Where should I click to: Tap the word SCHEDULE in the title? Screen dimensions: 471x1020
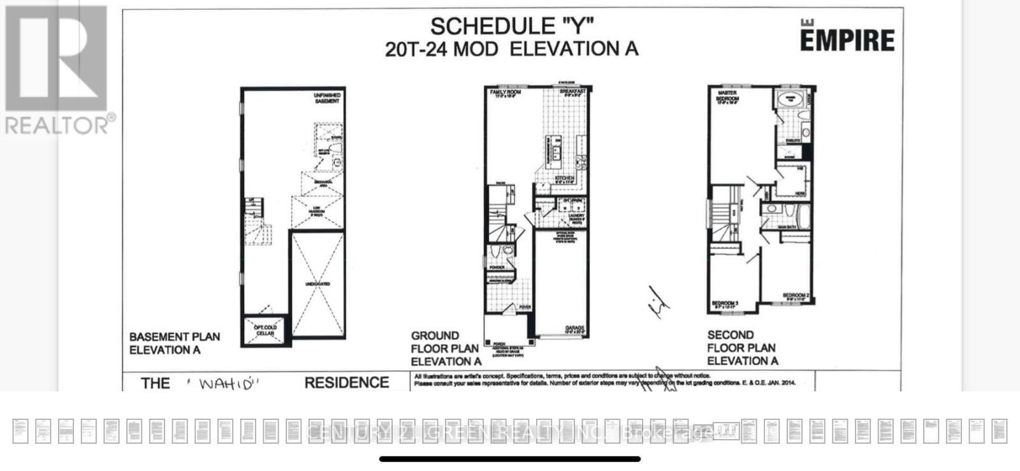(483, 26)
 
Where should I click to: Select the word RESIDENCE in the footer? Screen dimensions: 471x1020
(346, 382)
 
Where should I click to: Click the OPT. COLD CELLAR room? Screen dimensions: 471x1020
(265, 330)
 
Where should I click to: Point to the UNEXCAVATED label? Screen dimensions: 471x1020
(317, 284)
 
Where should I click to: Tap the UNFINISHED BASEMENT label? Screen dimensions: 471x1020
(327, 98)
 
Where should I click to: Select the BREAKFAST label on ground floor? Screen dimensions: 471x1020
(572, 91)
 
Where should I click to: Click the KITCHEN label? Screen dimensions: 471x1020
(565, 179)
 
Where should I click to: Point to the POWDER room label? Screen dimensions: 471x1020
(497, 267)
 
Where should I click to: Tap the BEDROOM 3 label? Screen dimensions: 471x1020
(725, 304)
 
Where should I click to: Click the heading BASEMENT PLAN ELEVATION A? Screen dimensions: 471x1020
(174, 343)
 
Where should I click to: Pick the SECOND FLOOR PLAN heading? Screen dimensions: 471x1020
(742, 347)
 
